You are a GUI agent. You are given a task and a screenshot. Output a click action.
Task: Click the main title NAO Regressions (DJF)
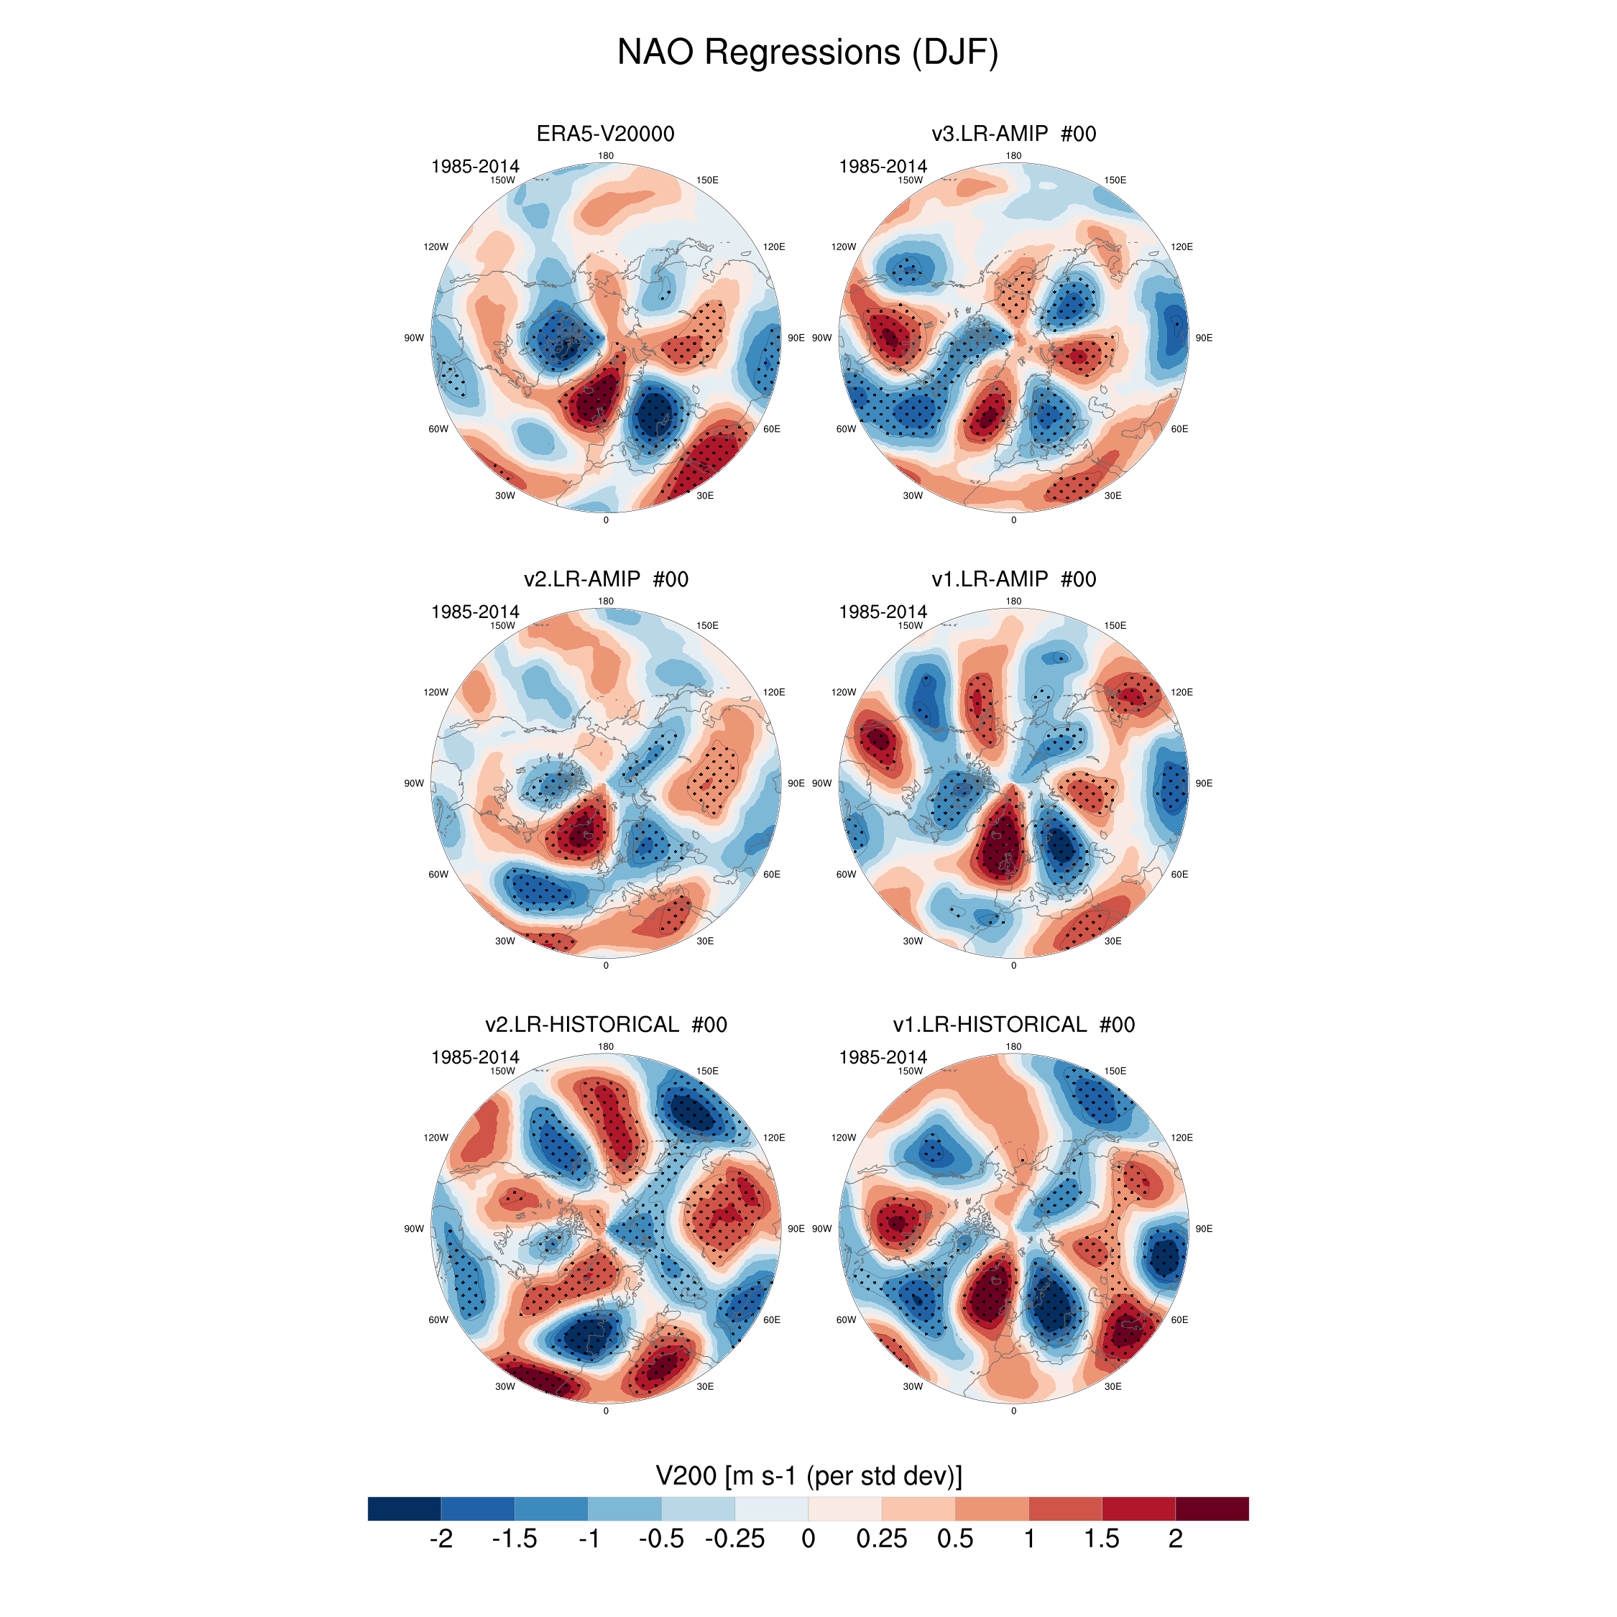[808, 52]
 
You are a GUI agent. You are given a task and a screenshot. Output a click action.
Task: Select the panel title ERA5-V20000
[605, 134]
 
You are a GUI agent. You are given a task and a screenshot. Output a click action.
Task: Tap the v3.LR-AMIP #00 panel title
[1013, 134]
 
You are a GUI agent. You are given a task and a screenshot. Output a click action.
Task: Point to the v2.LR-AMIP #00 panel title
[605, 579]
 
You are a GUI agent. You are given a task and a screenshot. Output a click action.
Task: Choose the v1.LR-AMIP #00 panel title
[1013, 579]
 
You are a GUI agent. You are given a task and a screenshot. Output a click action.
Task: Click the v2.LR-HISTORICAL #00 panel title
[605, 1024]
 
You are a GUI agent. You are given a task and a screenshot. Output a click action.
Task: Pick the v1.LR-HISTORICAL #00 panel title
[1013, 1024]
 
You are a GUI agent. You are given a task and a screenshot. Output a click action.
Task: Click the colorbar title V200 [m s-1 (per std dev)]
[808, 1475]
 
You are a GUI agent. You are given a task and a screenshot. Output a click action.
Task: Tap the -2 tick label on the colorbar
[441, 1539]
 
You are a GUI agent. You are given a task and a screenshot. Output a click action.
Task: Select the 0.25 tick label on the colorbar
[881, 1539]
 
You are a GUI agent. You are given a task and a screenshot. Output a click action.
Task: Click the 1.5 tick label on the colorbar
[1102, 1539]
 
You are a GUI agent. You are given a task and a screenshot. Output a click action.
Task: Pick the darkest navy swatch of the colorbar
[404, 1508]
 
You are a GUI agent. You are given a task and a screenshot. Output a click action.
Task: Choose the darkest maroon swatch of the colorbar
[1212, 1508]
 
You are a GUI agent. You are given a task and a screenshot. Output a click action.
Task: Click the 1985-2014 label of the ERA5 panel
[474, 167]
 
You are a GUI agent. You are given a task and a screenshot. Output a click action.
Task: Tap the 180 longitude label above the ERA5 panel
[606, 156]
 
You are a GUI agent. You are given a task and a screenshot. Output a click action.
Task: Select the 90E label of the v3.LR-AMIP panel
[1204, 338]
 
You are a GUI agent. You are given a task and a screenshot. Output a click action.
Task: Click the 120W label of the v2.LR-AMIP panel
[436, 692]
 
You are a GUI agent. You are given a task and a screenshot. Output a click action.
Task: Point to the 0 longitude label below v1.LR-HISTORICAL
[1013, 1411]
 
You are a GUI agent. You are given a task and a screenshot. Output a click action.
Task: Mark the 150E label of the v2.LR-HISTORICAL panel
[707, 1072]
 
